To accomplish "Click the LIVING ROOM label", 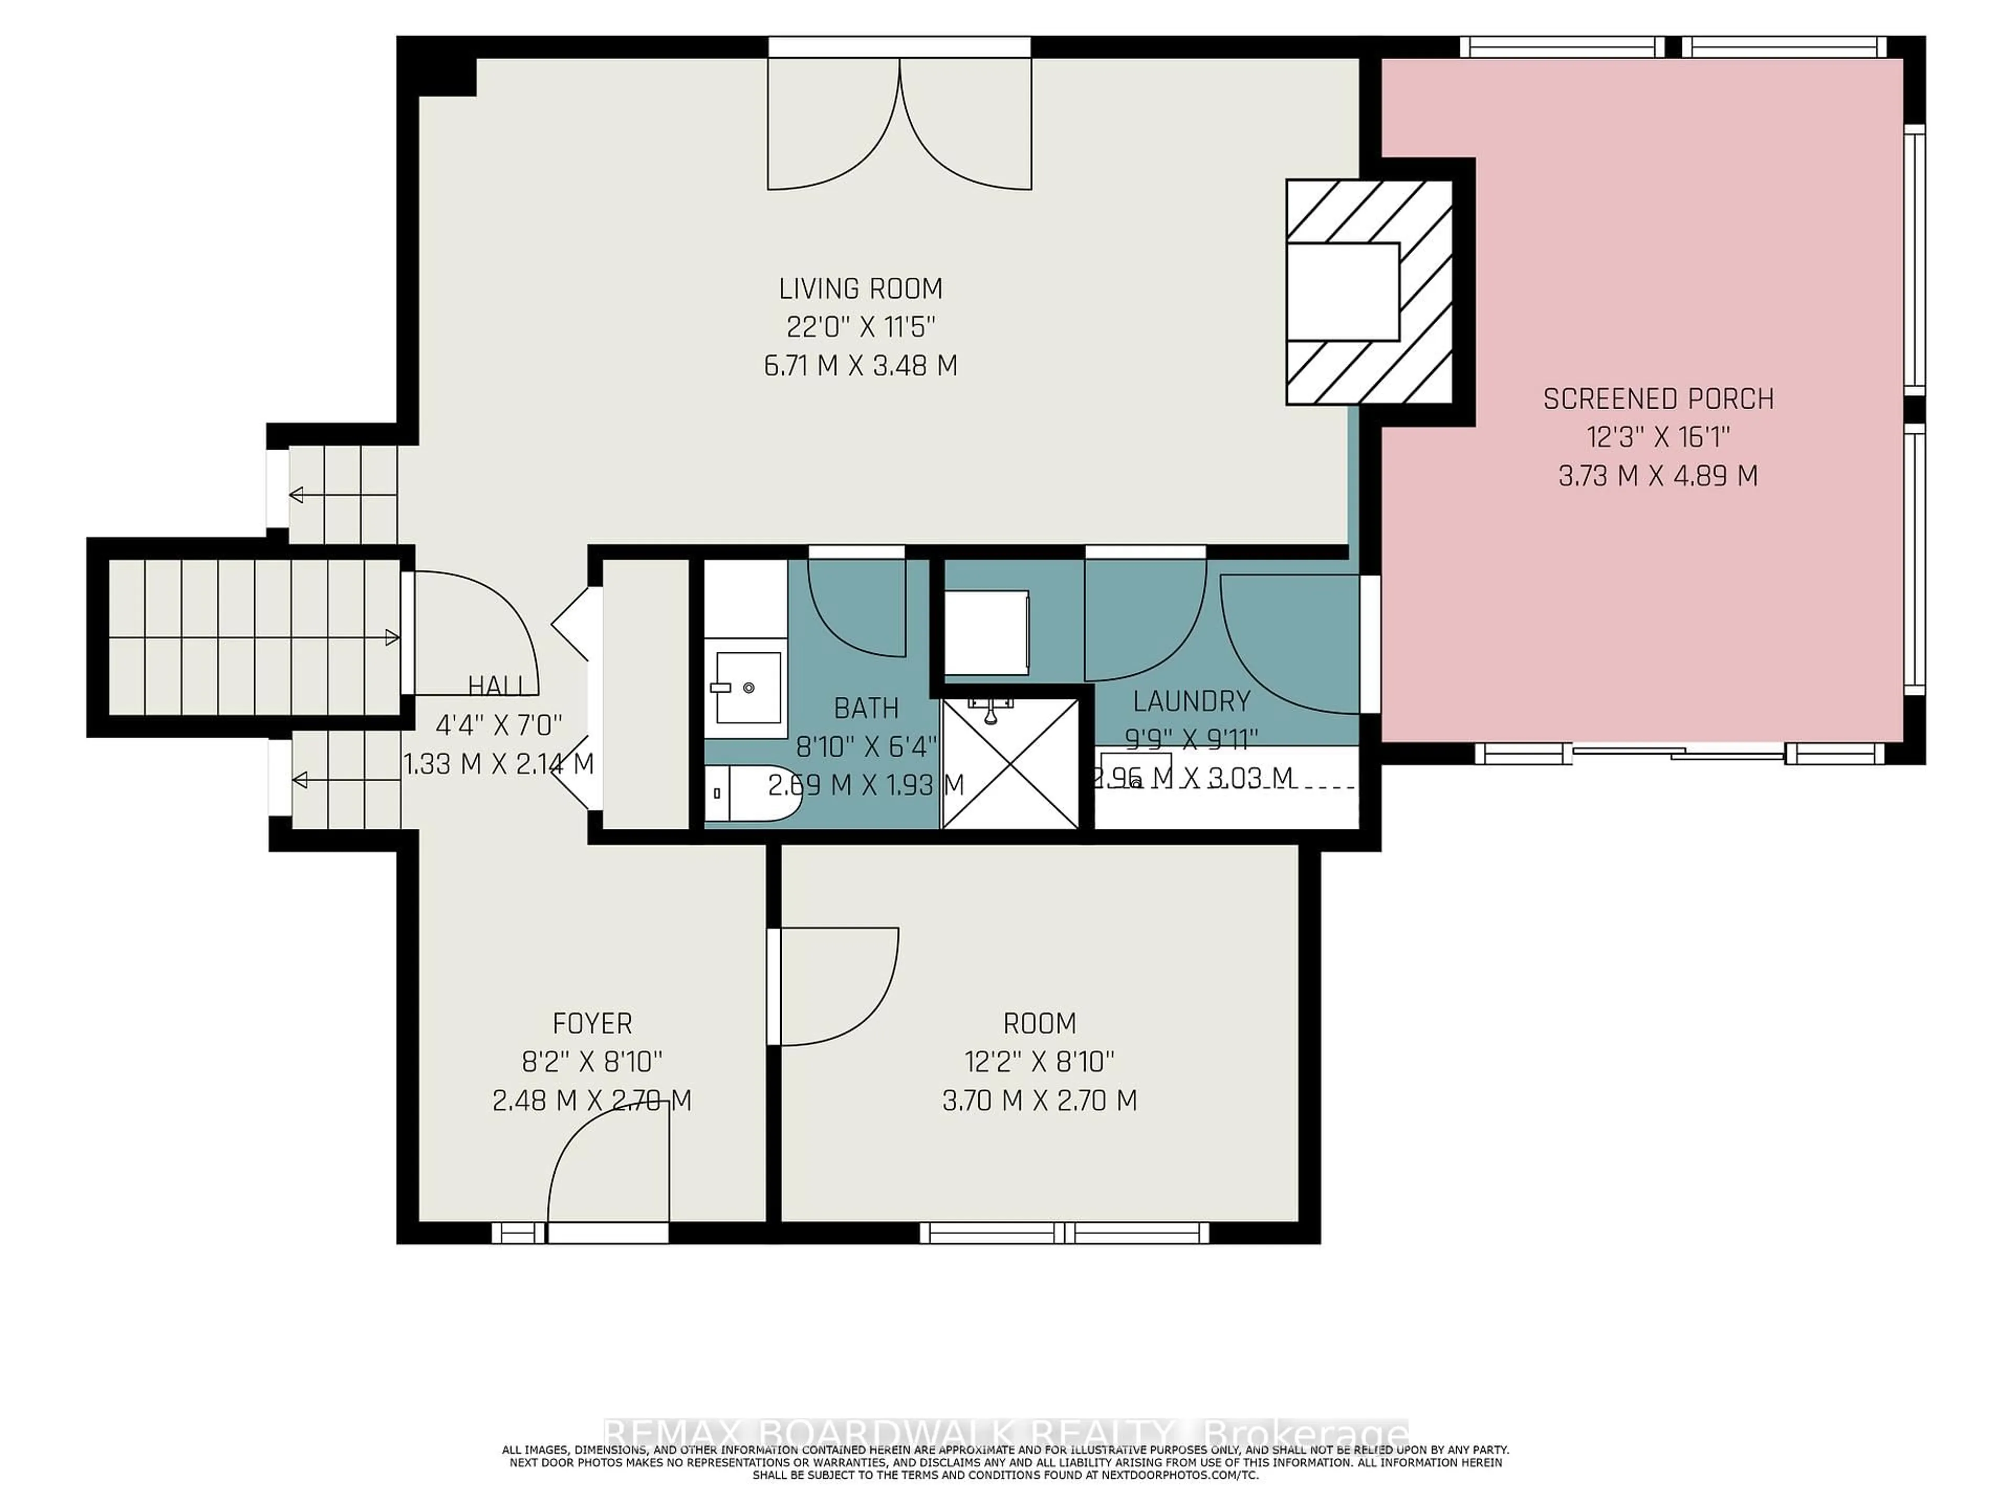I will tap(860, 289).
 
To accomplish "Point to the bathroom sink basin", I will tap(748, 687).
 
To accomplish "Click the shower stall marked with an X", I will tap(1010, 764).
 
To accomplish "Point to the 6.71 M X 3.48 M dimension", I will tap(860, 366).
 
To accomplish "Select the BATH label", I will tap(866, 708).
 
